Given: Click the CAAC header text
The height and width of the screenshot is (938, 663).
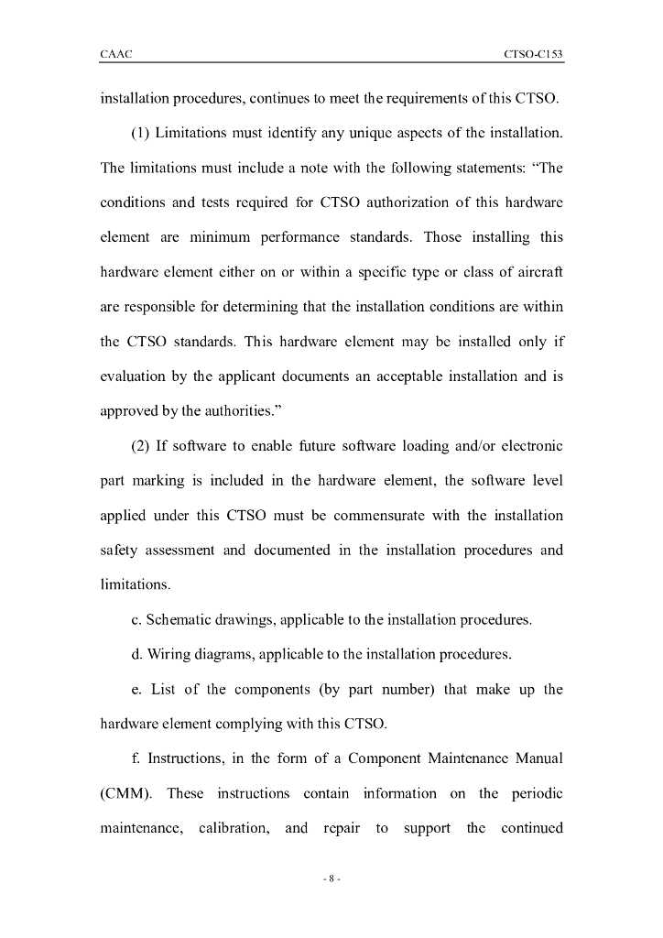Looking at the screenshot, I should pyautogui.click(x=116, y=55).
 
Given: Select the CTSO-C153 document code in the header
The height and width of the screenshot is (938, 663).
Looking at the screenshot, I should pyautogui.click(x=533, y=55).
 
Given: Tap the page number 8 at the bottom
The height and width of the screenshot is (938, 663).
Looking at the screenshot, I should pyautogui.click(x=331, y=878).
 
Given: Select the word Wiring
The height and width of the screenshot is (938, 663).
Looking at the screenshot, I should pyautogui.click(x=168, y=654).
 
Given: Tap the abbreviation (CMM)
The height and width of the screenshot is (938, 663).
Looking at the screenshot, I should pyautogui.click(x=125, y=793).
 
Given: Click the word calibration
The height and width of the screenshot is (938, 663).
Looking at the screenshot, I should pyautogui.click(x=234, y=828).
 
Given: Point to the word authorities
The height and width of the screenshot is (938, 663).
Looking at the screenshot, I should pyautogui.click(x=227, y=411).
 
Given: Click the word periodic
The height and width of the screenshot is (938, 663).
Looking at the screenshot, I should pyautogui.click(x=532, y=793).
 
